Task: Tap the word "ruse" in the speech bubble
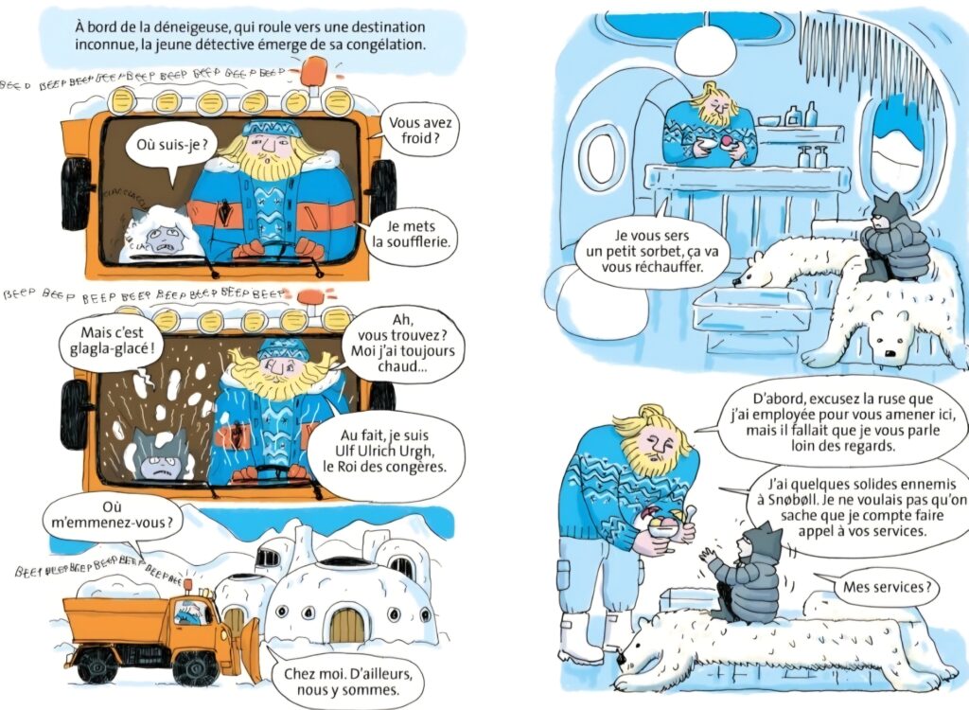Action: [864, 396]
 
